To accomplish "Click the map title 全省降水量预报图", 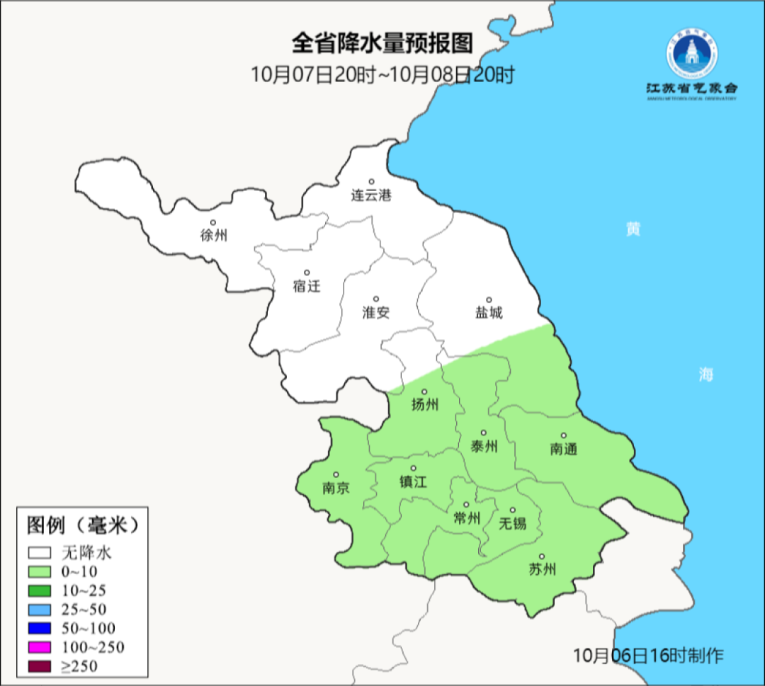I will [382, 43].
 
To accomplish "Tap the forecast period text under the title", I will [382, 74].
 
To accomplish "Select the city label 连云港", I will [371, 195].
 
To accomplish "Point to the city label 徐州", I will [214, 236].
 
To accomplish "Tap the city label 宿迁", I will [307, 286].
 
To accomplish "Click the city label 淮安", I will [376, 312].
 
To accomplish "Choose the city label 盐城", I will [488, 312].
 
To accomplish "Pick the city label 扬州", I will [425, 404].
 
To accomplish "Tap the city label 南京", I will [336, 488].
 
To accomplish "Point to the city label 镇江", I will [414, 481].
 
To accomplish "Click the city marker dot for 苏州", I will [542, 556].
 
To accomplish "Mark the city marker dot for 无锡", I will [513, 510].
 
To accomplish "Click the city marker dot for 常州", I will [466, 505].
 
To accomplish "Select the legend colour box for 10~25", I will [40, 590].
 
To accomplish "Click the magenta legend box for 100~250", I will [40, 647].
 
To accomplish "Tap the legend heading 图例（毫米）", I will [81, 525].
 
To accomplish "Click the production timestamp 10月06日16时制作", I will [649, 655].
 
